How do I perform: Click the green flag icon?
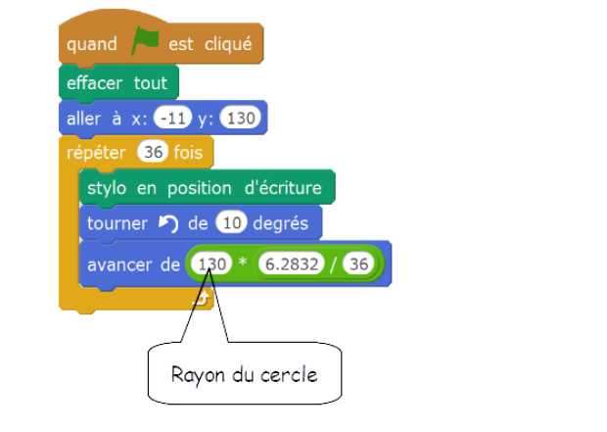point(144,42)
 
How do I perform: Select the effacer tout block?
point(117,82)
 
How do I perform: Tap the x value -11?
point(173,119)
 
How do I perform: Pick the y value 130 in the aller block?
point(239,119)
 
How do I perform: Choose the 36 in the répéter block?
point(153,154)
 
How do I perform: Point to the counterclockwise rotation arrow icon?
point(168,224)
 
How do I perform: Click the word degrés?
point(281,224)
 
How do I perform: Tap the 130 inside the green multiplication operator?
point(211,264)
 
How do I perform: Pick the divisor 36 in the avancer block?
point(360,264)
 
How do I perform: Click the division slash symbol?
point(333,264)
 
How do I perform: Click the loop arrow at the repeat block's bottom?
point(203,298)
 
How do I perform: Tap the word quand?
point(92,44)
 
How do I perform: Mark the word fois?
point(187,154)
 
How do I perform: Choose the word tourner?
point(117,224)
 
